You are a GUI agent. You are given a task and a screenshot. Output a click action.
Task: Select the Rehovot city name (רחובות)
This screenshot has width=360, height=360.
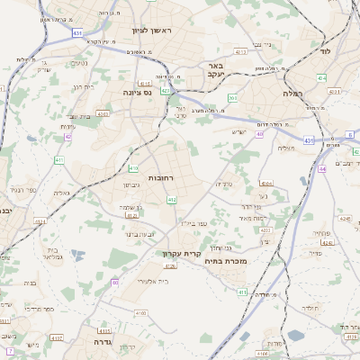click(159, 179)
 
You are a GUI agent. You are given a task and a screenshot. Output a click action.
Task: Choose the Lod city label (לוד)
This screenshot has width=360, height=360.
click(325, 52)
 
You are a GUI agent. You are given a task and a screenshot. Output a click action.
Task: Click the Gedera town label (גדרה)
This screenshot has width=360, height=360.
click(94, 342)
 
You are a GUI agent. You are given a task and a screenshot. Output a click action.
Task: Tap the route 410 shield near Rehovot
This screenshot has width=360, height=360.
click(133, 168)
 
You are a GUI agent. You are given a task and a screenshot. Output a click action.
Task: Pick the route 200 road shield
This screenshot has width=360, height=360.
click(232, 98)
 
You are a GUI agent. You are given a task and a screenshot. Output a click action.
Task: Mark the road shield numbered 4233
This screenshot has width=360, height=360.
click(265, 230)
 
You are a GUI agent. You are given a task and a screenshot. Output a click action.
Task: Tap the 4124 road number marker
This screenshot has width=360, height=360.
click(39, 220)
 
